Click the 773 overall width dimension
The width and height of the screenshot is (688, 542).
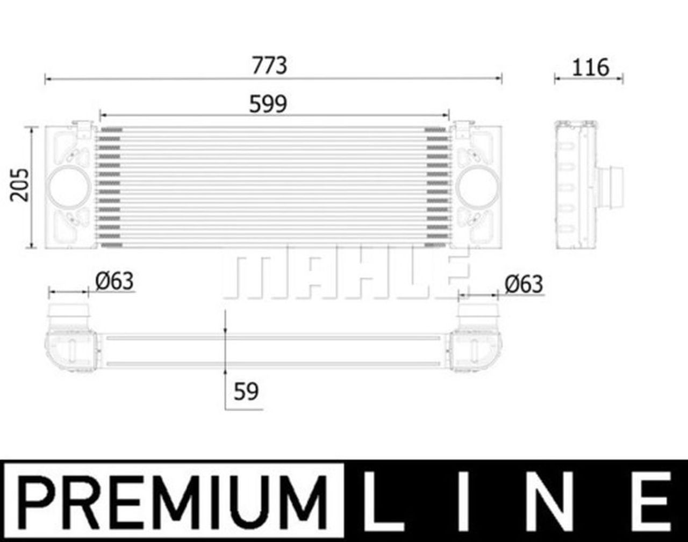[x=269, y=66]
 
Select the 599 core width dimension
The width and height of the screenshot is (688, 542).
[x=268, y=104]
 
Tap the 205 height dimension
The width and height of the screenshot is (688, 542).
[x=20, y=185]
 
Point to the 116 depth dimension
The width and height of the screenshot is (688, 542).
[x=590, y=67]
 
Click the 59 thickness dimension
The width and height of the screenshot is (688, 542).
[x=246, y=392]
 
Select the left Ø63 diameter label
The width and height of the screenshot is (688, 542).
[x=114, y=281]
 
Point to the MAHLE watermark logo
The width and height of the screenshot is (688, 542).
[x=344, y=274]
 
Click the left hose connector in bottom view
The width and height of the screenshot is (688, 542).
[x=69, y=315]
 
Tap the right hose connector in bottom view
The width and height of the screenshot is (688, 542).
[x=478, y=315]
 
